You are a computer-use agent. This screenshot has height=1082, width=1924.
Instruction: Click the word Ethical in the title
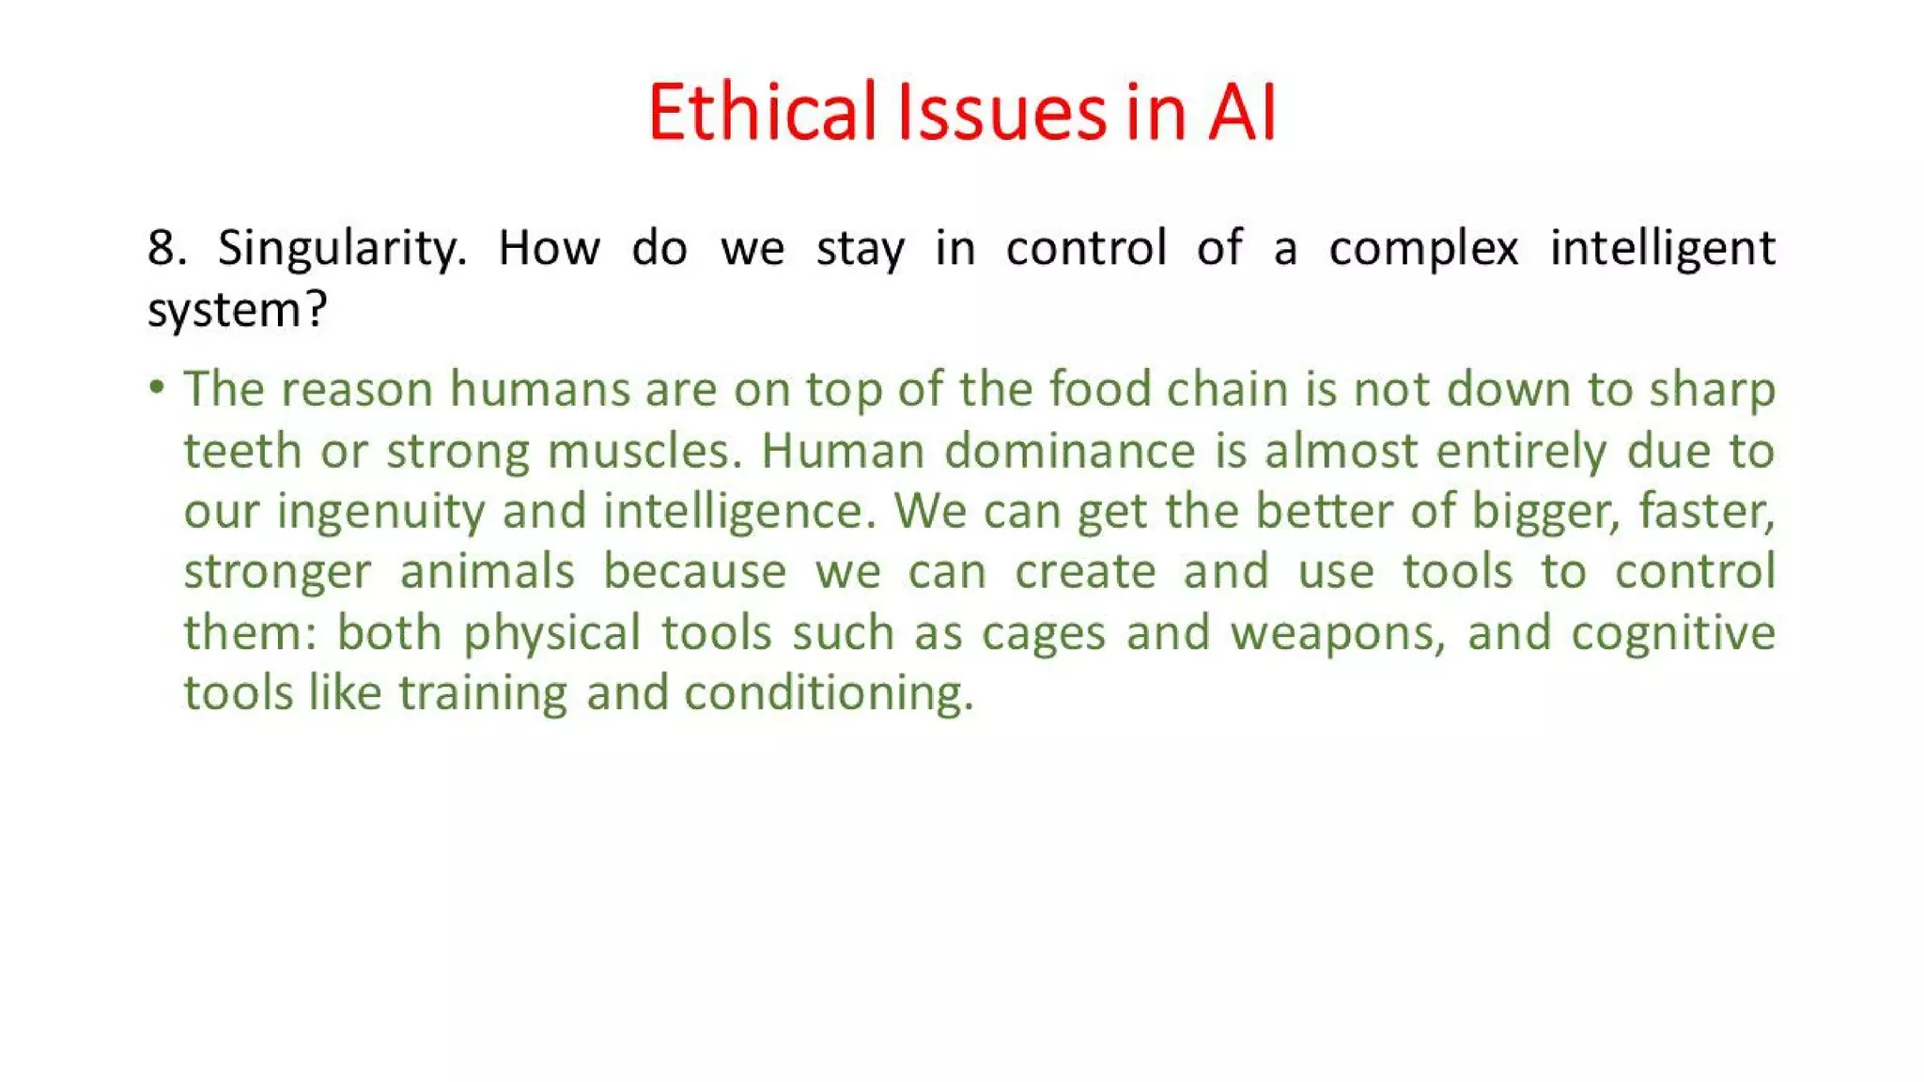click(762, 113)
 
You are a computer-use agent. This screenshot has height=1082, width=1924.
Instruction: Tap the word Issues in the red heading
click(1001, 113)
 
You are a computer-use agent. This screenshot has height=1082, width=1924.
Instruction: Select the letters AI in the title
click(1242, 113)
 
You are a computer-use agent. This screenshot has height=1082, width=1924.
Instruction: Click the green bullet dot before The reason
click(157, 387)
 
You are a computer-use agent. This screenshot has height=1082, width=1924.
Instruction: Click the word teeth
click(241, 451)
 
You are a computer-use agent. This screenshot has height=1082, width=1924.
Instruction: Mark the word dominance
click(1069, 451)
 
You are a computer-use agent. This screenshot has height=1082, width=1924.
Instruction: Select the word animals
click(487, 572)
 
